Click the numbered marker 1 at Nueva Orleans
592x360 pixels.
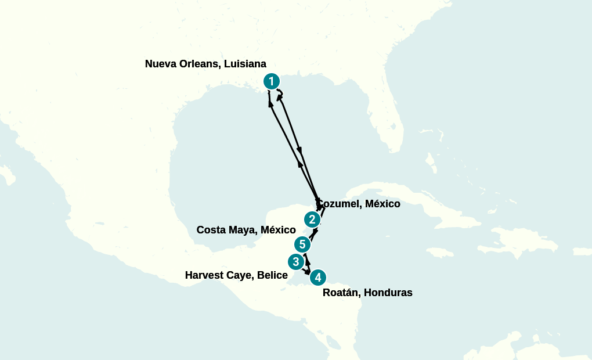point(272,81)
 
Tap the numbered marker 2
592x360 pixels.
point(312,219)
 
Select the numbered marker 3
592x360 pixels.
point(296,262)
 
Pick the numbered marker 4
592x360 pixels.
point(317,278)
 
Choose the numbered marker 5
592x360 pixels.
point(302,244)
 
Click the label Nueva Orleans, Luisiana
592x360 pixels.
point(205,64)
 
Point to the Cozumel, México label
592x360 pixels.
point(359,204)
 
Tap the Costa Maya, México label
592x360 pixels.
point(246,230)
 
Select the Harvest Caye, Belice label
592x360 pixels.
point(236,275)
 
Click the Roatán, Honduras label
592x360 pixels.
point(367,293)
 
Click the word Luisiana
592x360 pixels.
point(245,64)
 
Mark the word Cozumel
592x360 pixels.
point(340,204)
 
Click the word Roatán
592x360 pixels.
point(340,293)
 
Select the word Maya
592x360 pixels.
point(242,230)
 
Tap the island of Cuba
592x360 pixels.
point(406,203)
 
